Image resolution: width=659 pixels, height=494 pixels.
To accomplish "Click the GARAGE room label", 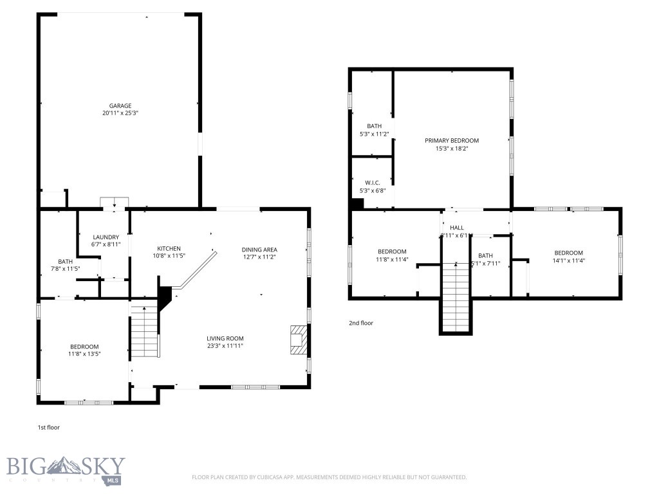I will coord(120,105).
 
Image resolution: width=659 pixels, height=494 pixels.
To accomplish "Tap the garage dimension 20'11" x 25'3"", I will coord(120,113).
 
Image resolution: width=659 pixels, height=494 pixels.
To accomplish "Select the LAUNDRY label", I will coord(106,237).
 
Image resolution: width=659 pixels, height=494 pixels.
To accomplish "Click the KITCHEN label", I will coord(169,248).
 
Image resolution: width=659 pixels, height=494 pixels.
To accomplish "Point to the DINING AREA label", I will coord(259,249).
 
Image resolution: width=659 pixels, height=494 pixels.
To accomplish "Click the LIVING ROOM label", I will coord(225,338).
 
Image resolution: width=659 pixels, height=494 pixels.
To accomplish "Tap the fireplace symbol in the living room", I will coord(298,340).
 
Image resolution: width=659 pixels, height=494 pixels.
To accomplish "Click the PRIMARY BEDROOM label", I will coord(452,140).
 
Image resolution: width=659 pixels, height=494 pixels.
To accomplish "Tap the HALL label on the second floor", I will coord(456,228).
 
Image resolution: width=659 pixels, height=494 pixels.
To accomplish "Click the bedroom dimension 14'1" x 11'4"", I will coord(568,261).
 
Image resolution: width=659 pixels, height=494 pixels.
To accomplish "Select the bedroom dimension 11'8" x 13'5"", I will coord(84,353).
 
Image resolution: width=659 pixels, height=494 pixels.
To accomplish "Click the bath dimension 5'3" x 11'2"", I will coord(374,134).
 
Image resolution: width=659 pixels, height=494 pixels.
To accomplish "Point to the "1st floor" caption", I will coord(49,426).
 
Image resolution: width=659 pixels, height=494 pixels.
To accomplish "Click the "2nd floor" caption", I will coord(360,323).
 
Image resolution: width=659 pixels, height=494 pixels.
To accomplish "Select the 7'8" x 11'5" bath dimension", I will coord(65,269).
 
